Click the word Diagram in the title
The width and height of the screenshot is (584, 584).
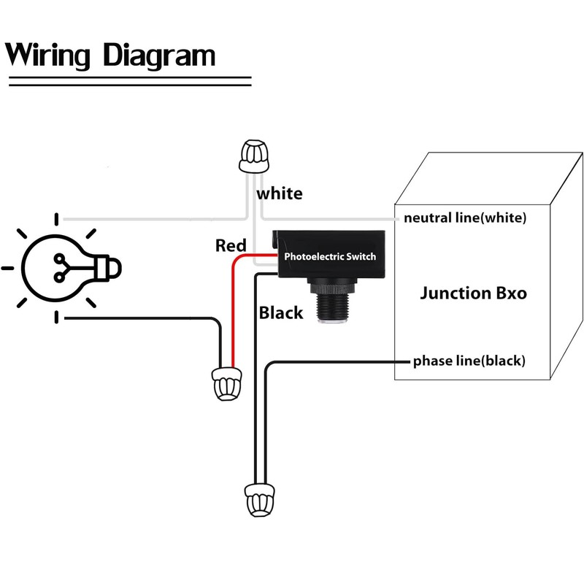(x=159, y=55)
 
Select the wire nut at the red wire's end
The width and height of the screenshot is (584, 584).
(x=223, y=384)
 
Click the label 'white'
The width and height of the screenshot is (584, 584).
(x=279, y=193)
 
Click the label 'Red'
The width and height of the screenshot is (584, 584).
(x=231, y=246)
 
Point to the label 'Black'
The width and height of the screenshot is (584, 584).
(x=281, y=312)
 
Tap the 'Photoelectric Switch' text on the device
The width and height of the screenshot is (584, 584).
(x=330, y=257)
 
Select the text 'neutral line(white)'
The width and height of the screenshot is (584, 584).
(x=464, y=218)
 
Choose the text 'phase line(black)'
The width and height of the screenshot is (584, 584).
(x=469, y=361)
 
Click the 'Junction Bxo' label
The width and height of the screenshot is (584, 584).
(x=473, y=293)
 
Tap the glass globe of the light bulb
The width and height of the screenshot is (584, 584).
(x=50, y=266)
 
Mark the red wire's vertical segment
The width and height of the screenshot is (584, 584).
(x=233, y=314)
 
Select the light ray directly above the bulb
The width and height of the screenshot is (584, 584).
(x=58, y=218)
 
